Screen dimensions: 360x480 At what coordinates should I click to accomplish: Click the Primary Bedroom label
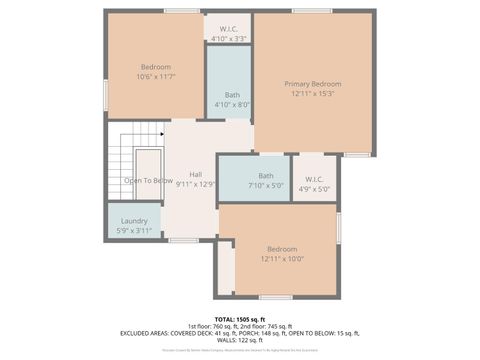click(x=312, y=84)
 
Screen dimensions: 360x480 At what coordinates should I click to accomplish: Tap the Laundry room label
click(x=135, y=221)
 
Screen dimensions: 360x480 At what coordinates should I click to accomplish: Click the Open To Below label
click(x=148, y=181)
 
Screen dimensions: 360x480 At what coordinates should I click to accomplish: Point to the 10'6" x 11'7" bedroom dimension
click(x=155, y=77)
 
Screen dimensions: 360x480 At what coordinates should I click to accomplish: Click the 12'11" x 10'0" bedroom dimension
click(x=281, y=259)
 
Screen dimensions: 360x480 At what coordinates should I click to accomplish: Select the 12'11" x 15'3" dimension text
click(x=312, y=94)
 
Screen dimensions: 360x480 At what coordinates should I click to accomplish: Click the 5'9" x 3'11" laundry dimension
click(x=135, y=231)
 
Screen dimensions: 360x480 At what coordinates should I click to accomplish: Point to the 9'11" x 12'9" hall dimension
click(x=195, y=185)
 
